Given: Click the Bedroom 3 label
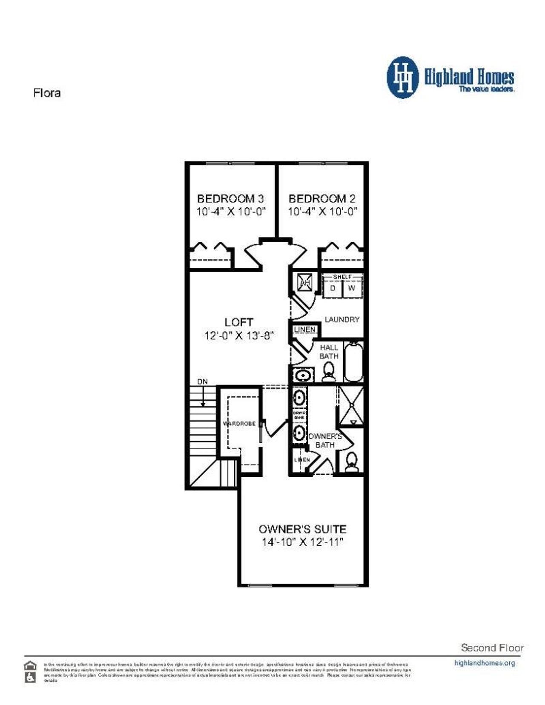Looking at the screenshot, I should (x=230, y=198).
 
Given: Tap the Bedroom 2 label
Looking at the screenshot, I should (x=322, y=198).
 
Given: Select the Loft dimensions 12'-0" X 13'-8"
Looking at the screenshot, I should (x=238, y=335).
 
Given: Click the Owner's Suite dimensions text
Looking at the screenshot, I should (x=302, y=542).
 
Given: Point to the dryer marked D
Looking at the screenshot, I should (x=333, y=288).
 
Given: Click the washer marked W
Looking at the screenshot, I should (x=352, y=288).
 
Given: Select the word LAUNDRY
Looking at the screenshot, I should (x=342, y=319).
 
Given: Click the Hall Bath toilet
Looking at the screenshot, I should (x=328, y=373).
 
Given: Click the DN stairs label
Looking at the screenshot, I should (x=203, y=381).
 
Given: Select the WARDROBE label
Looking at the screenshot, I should (x=239, y=424).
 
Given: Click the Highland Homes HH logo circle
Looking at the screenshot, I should (x=402, y=78).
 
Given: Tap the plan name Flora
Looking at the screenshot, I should (x=47, y=93).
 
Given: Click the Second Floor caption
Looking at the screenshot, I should (x=492, y=648).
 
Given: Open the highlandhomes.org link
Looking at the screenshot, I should (x=485, y=663).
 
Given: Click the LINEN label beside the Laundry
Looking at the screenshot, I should (x=305, y=330).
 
